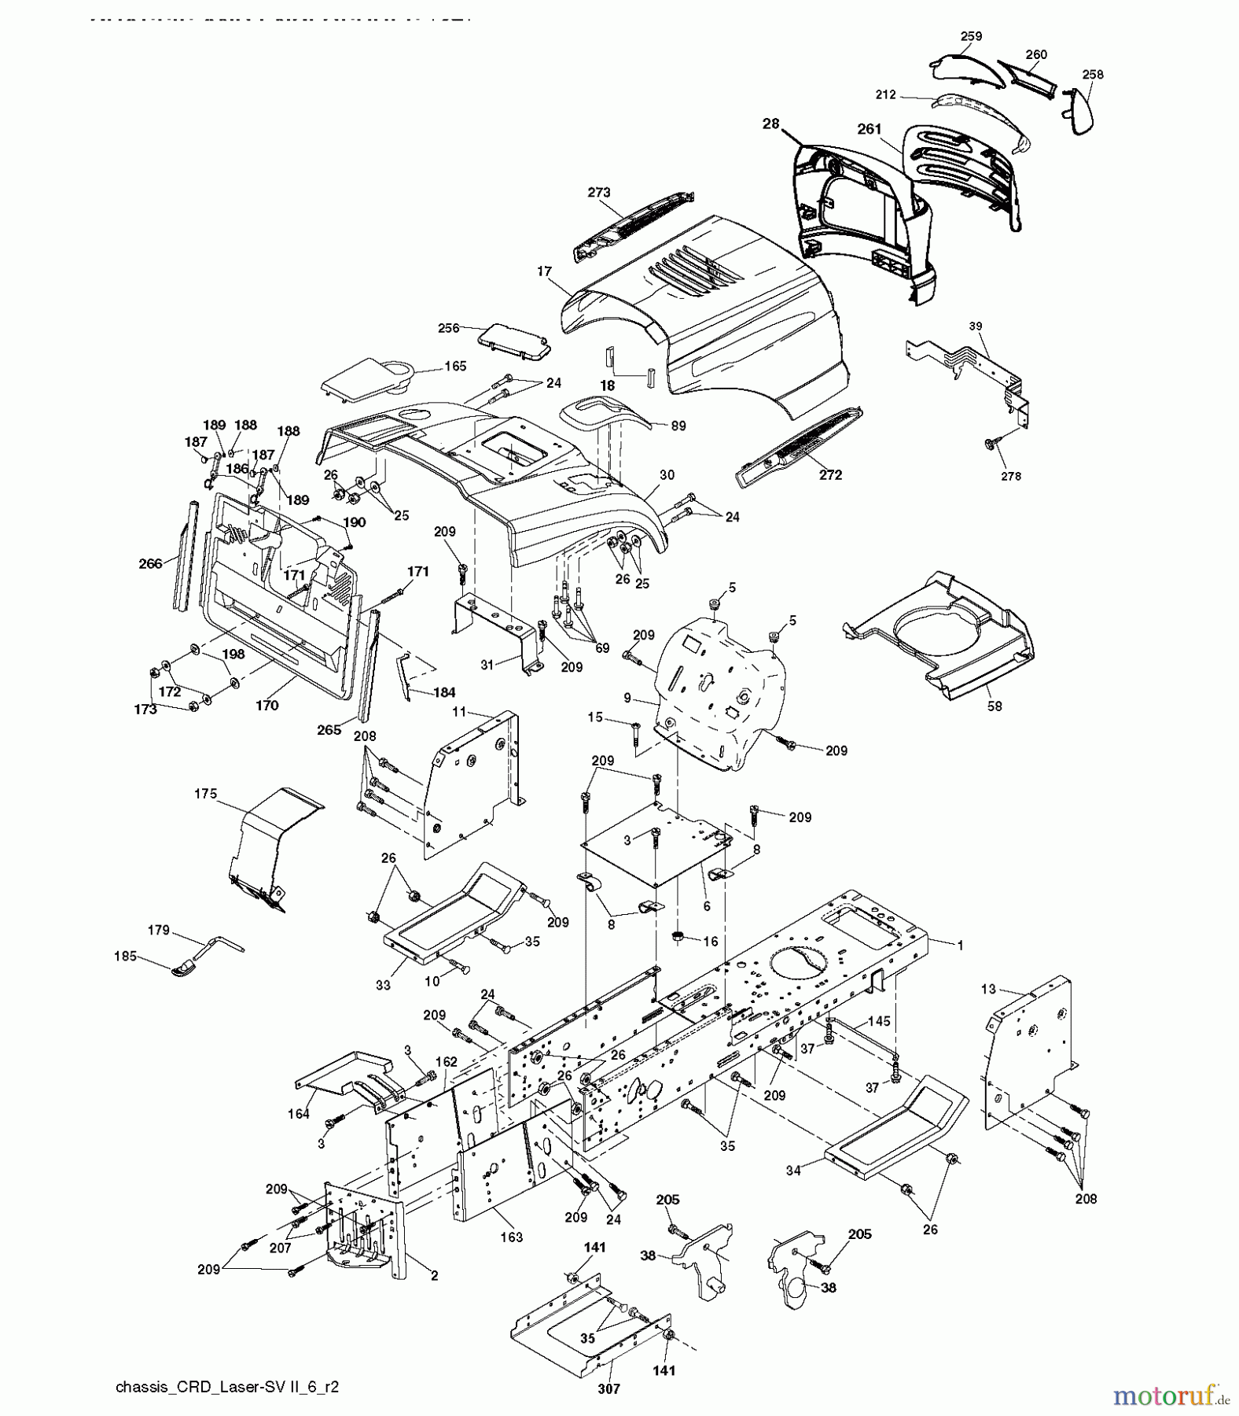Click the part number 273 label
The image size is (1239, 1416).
pyautogui.click(x=599, y=192)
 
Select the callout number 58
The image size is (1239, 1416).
pyautogui.click(x=995, y=706)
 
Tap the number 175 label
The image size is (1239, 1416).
pyautogui.click(x=205, y=794)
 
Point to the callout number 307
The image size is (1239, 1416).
pyautogui.click(x=608, y=1388)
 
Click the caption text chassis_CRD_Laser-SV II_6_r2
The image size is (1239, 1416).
pyautogui.click(x=227, y=1387)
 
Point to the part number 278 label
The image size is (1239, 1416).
pyautogui.click(x=1011, y=476)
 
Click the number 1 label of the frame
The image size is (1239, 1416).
pyautogui.click(x=959, y=945)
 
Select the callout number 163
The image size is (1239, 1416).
pyautogui.click(x=511, y=1237)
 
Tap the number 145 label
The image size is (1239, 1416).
pyautogui.click(x=880, y=1020)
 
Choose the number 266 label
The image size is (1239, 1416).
pyautogui.click(x=150, y=563)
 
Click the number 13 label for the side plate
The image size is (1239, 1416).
pyautogui.click(x=988, y=988)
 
